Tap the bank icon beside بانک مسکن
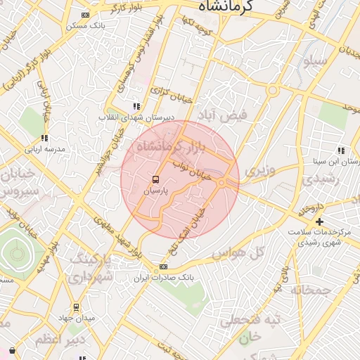point(86,15)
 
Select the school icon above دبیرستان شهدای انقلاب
point(136,107)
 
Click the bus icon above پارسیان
point(156,179)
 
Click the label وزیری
point(257,169)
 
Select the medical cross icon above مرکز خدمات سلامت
point(319,221)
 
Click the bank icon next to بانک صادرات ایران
point(164,266)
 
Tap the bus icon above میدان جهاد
point(76,307)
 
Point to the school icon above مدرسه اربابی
point(44,139)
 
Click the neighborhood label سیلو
point(314,62)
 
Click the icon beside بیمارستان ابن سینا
point(341,150)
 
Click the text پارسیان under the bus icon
point(156,191)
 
